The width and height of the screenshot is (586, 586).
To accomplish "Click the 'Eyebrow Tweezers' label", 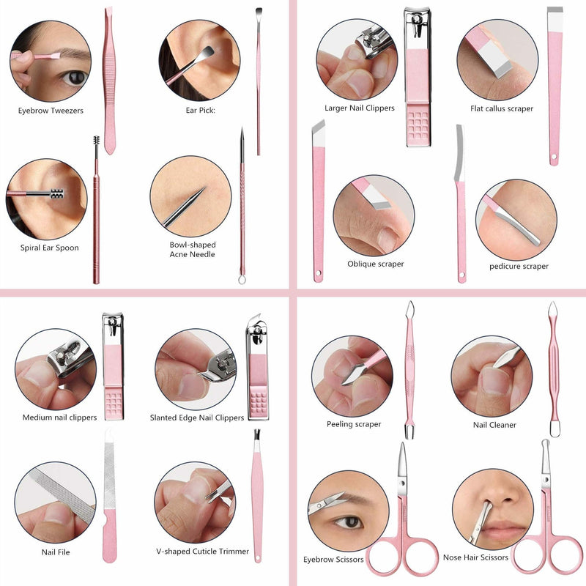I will click(51, 111).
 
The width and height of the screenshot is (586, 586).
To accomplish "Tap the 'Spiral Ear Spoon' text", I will click(49, 248).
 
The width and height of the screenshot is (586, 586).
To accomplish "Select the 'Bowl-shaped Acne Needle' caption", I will click(193, 249).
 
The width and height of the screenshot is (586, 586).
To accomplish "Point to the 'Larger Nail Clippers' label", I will click(360, 108).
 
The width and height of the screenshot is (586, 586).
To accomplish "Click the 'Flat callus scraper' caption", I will click(502, 109).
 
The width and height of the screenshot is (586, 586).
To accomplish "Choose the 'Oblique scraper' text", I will click(375, 264).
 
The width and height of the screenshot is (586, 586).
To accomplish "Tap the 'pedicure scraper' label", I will click(519, 266).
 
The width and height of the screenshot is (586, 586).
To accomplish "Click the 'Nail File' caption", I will click(56, 552).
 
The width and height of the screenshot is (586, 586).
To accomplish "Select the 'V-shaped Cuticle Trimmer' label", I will click(202, 552).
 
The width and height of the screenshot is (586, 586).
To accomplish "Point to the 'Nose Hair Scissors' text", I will click(475, 557).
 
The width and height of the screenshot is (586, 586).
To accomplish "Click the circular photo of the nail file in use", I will click(55, 502).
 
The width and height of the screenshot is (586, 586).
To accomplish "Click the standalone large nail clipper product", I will click(418, 77).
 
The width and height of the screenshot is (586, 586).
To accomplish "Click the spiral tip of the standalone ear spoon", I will click(96, 147).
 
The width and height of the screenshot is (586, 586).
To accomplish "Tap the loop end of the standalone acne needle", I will click(242, 278).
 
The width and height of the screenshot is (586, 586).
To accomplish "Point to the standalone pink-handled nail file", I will click(109, 497).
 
